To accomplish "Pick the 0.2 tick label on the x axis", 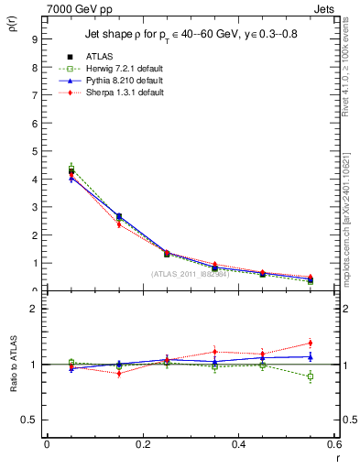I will (142, 444).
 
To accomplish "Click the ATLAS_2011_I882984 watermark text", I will (191, 273).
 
